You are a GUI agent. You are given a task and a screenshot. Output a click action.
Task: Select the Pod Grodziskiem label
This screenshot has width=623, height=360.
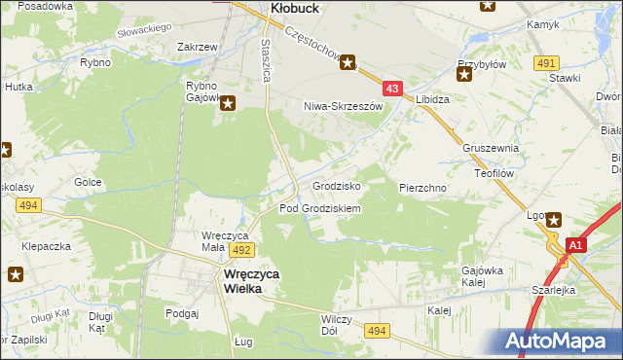pyautogui.click(x=320, y=208)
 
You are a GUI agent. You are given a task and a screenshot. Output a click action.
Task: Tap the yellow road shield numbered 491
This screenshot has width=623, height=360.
pyautogui.click(x=546, y=62)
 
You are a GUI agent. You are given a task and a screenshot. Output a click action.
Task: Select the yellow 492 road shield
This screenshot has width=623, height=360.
pyautogui.click(x=242, y=250)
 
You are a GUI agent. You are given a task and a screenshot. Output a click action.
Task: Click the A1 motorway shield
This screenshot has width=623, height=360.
pyautogui.click(x=574, y=246)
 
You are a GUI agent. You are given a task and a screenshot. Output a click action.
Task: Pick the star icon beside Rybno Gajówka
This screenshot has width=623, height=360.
pyautogui.click(x=228, y=103)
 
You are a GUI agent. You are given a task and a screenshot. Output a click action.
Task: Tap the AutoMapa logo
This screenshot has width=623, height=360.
pyautogui.click(x=561, y=342)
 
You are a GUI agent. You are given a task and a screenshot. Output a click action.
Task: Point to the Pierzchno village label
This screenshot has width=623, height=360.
pyautogui.click(x=422, y=186)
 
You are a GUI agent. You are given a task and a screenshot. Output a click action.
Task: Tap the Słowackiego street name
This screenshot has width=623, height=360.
pyautogui.click(x=143, y=34)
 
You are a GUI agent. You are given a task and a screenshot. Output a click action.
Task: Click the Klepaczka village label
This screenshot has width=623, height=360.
pyautogui.click(x=47, y=246)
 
